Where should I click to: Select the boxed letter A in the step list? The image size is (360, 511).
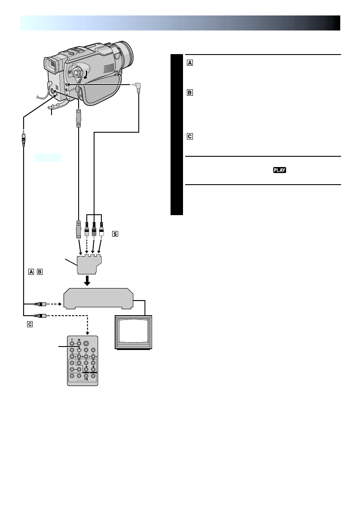[190, 63]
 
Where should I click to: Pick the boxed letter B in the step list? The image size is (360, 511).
[190, 92]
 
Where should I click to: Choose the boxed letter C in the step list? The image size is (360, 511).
[190, 137]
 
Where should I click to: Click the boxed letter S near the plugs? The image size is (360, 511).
[115, 234]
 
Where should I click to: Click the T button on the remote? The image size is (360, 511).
[72, 343]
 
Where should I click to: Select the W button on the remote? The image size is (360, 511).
[79, 343]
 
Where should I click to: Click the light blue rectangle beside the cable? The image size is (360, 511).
[48, 158]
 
